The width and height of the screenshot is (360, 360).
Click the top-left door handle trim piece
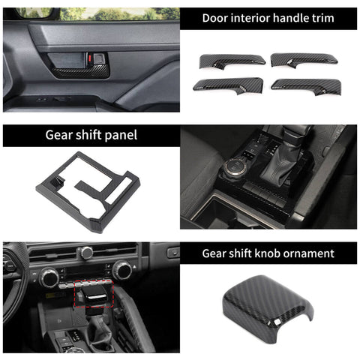point(232,59)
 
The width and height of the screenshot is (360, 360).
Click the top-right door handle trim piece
point(304,59)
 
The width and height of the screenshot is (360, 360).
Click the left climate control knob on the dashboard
point(49,277)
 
